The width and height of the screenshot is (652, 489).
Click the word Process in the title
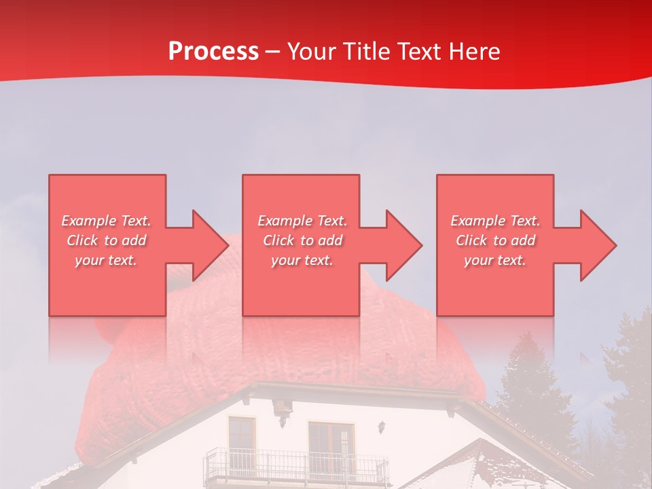point(213,52)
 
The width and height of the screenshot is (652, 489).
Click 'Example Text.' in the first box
point(106,221)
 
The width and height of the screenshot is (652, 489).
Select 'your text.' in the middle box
point(302,260)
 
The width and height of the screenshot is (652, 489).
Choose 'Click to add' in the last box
point(496,240)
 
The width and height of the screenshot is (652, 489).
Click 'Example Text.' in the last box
point(496,221)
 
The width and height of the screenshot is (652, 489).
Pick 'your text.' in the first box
point(106,260)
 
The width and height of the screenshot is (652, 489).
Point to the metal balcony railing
point(292,467)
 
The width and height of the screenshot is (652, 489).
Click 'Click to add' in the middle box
point(302,240)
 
